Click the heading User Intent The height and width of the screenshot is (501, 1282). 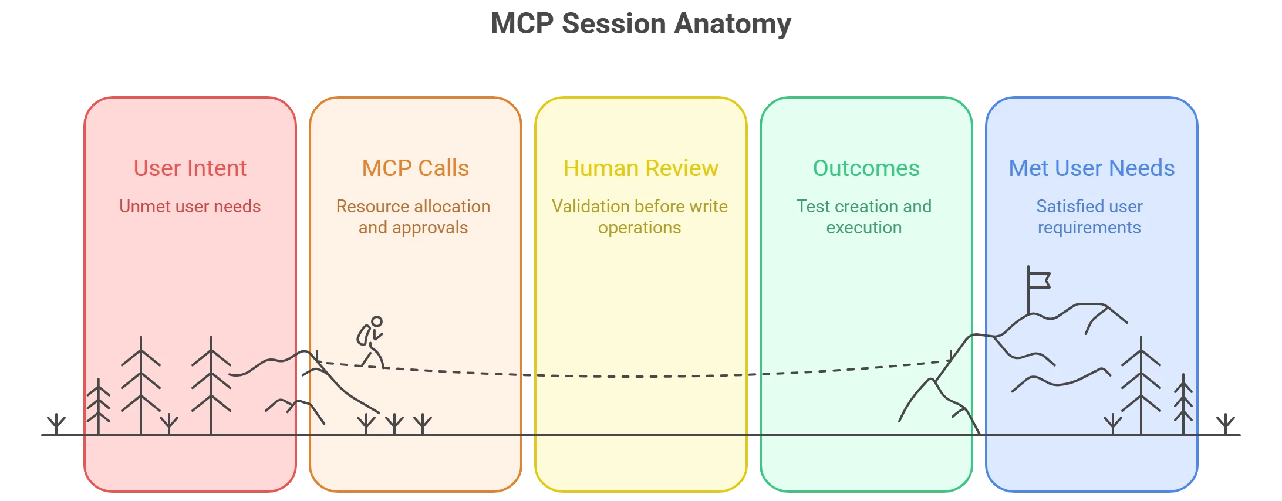(190, 168)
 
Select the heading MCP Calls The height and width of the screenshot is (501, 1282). (415, 168)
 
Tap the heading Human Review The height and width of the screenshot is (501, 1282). (640, 168)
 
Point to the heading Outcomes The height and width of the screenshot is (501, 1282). (866, 168)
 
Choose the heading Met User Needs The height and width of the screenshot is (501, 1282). (1091, 168)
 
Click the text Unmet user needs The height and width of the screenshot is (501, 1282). (190, 207)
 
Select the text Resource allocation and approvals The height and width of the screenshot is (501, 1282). (413, 217)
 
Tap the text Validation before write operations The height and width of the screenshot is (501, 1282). (640, 217)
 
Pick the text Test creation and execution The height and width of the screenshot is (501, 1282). (864, 217)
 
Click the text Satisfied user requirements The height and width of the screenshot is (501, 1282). (1089, 217)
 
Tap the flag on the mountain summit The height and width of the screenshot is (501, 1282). (1039, 280)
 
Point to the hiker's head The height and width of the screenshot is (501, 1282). (377, 321)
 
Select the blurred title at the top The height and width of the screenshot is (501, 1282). (640, 25)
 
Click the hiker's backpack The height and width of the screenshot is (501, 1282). (364, 335)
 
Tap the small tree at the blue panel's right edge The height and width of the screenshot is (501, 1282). (1183, 405)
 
